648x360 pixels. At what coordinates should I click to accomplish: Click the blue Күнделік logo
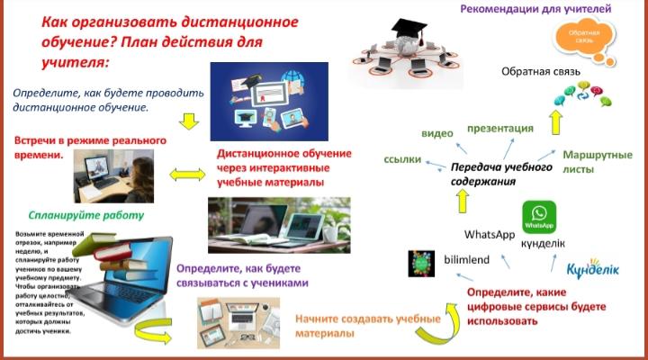tap(590, 270)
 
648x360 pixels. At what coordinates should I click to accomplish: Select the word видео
tap(437, 133)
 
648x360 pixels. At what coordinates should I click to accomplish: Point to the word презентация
tap(501, 128)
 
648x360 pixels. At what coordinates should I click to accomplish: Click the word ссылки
tap(403, 158)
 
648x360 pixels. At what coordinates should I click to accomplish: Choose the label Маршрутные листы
tap(598, 161)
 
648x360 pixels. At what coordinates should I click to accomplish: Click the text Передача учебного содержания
tap(490, 174)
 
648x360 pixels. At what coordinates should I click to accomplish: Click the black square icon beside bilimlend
tap(420, 262)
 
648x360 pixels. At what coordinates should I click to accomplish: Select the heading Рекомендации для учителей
tap(536, 10)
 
